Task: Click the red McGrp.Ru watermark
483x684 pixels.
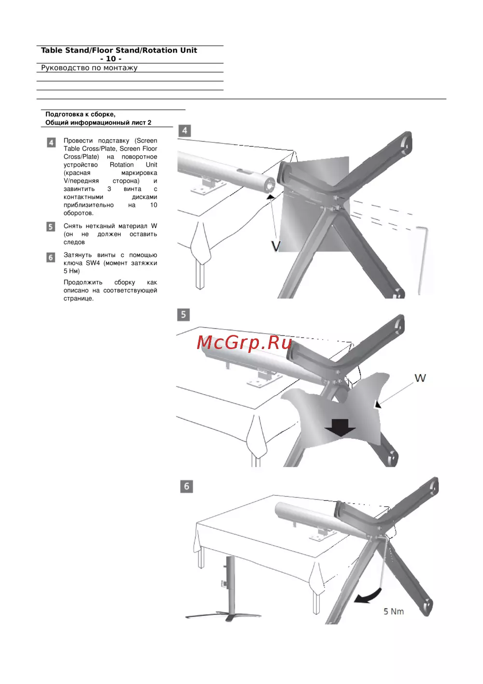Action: [x=244, y=343]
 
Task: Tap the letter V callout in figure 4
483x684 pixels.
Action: [x=276, y=246]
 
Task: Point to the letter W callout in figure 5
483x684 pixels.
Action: [x=420, y=378]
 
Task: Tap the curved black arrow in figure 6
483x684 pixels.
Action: [x=368, y=595]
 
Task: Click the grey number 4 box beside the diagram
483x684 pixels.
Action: [x=185, y=131]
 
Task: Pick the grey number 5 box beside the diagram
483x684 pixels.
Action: [x=184, y=315]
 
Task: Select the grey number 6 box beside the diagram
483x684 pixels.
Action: [x=186, y=486]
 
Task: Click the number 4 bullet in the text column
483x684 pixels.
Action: [x=51, y=142]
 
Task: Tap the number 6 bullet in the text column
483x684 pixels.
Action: [x=51, y=257]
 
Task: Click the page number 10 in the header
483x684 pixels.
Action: [x=111, y=58]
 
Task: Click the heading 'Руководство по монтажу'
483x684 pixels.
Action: [x=89, y=68]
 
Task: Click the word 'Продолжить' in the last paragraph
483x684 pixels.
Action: [x=83, y=282]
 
